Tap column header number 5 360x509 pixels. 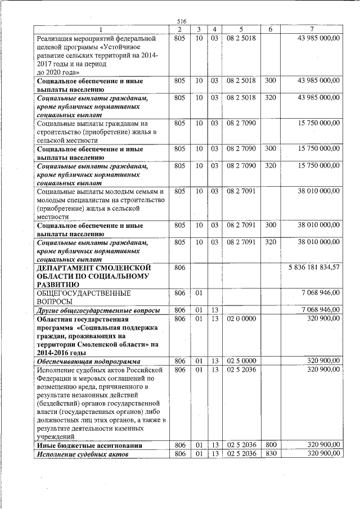(241, 29)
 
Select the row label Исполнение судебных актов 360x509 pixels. (83, 454)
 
